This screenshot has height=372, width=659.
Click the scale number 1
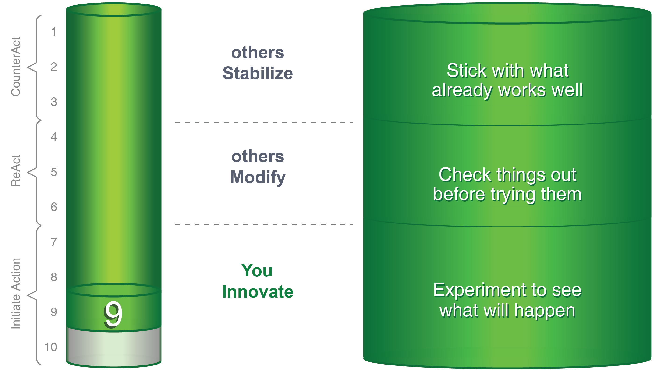pyautogui.click(x=53, y=32)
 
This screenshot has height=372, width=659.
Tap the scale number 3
pyautogui.click(x=54, y=102)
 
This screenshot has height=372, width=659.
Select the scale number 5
pyautogui.click(x=54, y=172)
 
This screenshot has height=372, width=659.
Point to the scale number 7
pyautogui.click(x=54, y=242)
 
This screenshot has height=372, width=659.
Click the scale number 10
pyautogui.click(x=51, y=347)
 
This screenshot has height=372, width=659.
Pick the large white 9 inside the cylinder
pyautogui.click(x=113, y=314)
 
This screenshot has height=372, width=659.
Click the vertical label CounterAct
pyautogui.click(x=16, y=67)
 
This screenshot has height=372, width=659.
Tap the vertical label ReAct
pyautogui.click(x=16, y=171)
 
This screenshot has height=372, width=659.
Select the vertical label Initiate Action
pyautogui.click(x=16, y=293)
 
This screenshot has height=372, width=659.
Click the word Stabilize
pyautogui.click(x=258, y=73)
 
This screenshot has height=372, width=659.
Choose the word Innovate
pyautogui.click(x=258, y=292)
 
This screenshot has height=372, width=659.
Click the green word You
pyautogui.click(x=257, y=270)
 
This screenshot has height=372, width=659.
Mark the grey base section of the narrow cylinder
pyautogui.click(x=113, y=347)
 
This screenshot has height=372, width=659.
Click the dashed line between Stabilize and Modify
pyautogui.click(x=264, y=122)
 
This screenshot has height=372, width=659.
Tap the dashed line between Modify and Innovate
pyautogui.click(x=264, y=224)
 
